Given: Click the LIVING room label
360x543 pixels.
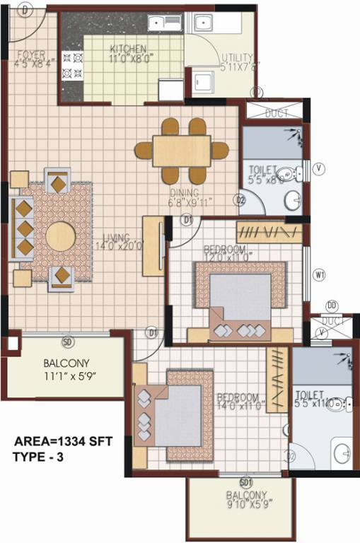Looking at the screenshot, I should click(x=113, y=238).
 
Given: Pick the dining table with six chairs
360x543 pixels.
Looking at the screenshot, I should click(x=182, y=150).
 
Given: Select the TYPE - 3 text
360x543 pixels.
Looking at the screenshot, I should click(x=38, y=457).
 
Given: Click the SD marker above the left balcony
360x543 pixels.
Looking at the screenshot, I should click(x=68, y=343).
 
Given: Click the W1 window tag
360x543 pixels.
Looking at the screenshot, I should click(x=320, y=275).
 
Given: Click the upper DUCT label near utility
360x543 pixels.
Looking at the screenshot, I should click(x=277, y=113).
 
